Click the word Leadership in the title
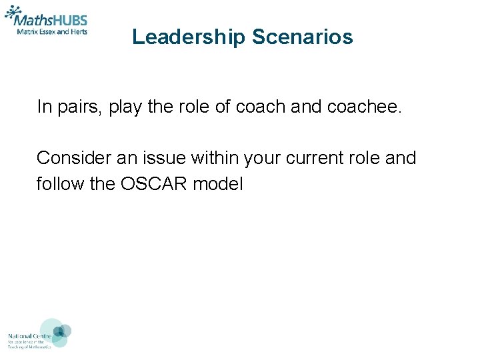189,37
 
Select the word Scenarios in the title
303,37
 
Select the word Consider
72,158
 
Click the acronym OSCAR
154,183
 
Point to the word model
218,183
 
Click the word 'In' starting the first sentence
43,107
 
